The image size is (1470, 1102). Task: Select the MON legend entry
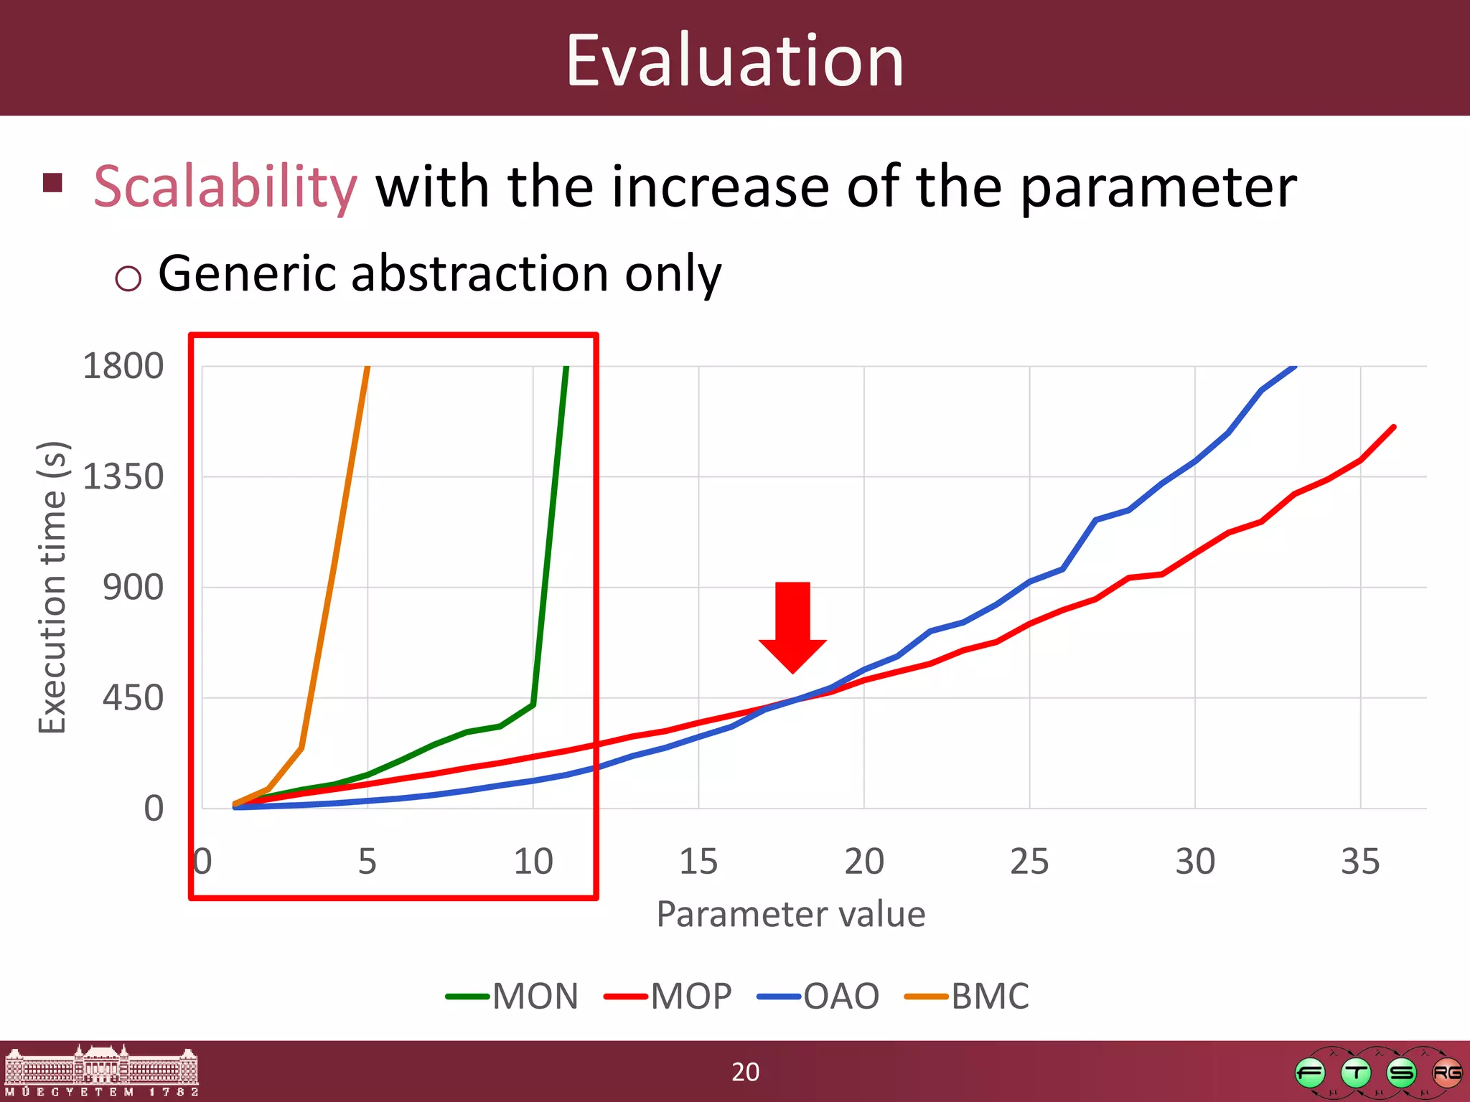(512, 997)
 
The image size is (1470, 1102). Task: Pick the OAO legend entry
(819, 997)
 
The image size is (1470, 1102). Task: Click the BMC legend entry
(968, 997)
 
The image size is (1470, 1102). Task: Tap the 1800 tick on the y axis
(123, 367)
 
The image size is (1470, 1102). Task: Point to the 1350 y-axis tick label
(123, 477)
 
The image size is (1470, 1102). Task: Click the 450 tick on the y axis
(133, 698)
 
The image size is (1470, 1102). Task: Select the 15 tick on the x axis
(698, 862)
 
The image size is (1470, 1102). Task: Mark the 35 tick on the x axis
(1359, 862)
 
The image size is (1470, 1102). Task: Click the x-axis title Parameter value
(791, 915)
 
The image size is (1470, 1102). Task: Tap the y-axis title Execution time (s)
(53, 587)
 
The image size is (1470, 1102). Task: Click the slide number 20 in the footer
(745, 1072)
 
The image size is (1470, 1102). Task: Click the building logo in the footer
(101, 1070)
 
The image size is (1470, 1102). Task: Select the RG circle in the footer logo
(1446, 1073)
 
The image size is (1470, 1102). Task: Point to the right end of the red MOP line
(1393, 428)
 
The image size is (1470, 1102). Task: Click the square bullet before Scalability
(53, 183)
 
